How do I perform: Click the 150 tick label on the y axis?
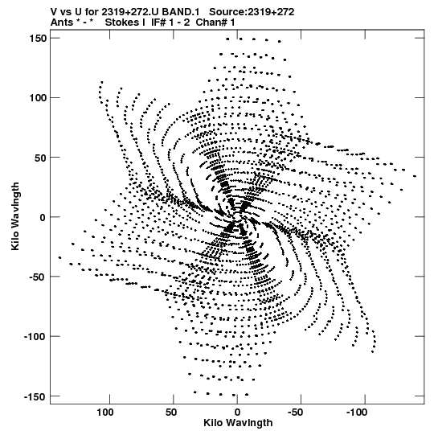[x=39, y=39]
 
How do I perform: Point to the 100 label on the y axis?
[x=39, y=98]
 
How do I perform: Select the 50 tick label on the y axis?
[x=41, y=158]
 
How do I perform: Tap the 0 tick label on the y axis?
[x=43, y=217]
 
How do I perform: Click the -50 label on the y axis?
[x=38, y=277]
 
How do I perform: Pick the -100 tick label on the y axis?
[x=35, y=337]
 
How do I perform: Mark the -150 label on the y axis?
[x=35, y=396]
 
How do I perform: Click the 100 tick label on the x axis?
[x=105, y=412]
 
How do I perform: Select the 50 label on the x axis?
[x=171, y=412]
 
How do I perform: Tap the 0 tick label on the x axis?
[x=237, y=412]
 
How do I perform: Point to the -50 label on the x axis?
[x=295, y=412]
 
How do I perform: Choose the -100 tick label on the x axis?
[x=356, y=412]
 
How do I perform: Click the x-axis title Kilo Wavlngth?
[x=238, y=423]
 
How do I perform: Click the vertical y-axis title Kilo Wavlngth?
[x=15, y=216]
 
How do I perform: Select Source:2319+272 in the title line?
[x=252, y=12]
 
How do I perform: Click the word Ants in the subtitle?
[x=62, y=23]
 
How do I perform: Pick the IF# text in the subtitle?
[x=158, y=23]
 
